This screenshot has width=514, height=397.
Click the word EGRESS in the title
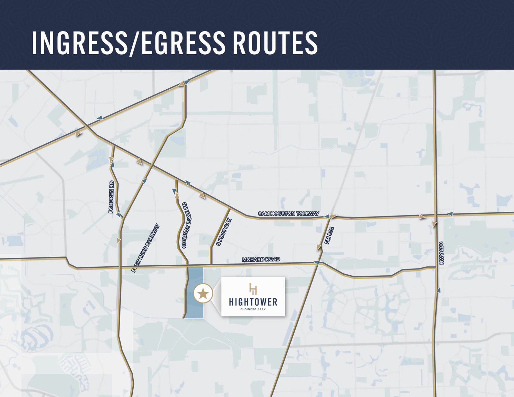[183, 43]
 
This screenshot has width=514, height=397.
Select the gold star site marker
[203, 294]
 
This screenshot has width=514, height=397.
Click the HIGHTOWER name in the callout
[253, 302]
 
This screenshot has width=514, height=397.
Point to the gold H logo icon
[253, 289]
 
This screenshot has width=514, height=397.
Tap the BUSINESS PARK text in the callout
[253, 309]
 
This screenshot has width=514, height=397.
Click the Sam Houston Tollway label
[288, 214]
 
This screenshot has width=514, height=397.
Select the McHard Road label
[261, 260]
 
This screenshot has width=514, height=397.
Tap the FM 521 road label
[329, 235]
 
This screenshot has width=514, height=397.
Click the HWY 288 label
[441, 253]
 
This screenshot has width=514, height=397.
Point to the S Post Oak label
[224, 232]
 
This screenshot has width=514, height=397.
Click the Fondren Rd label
[111, 197]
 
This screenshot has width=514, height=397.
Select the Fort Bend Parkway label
[146, 248]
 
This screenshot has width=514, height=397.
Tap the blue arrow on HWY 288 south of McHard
[438, 290]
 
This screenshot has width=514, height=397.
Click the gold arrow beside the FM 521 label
[319, 247]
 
